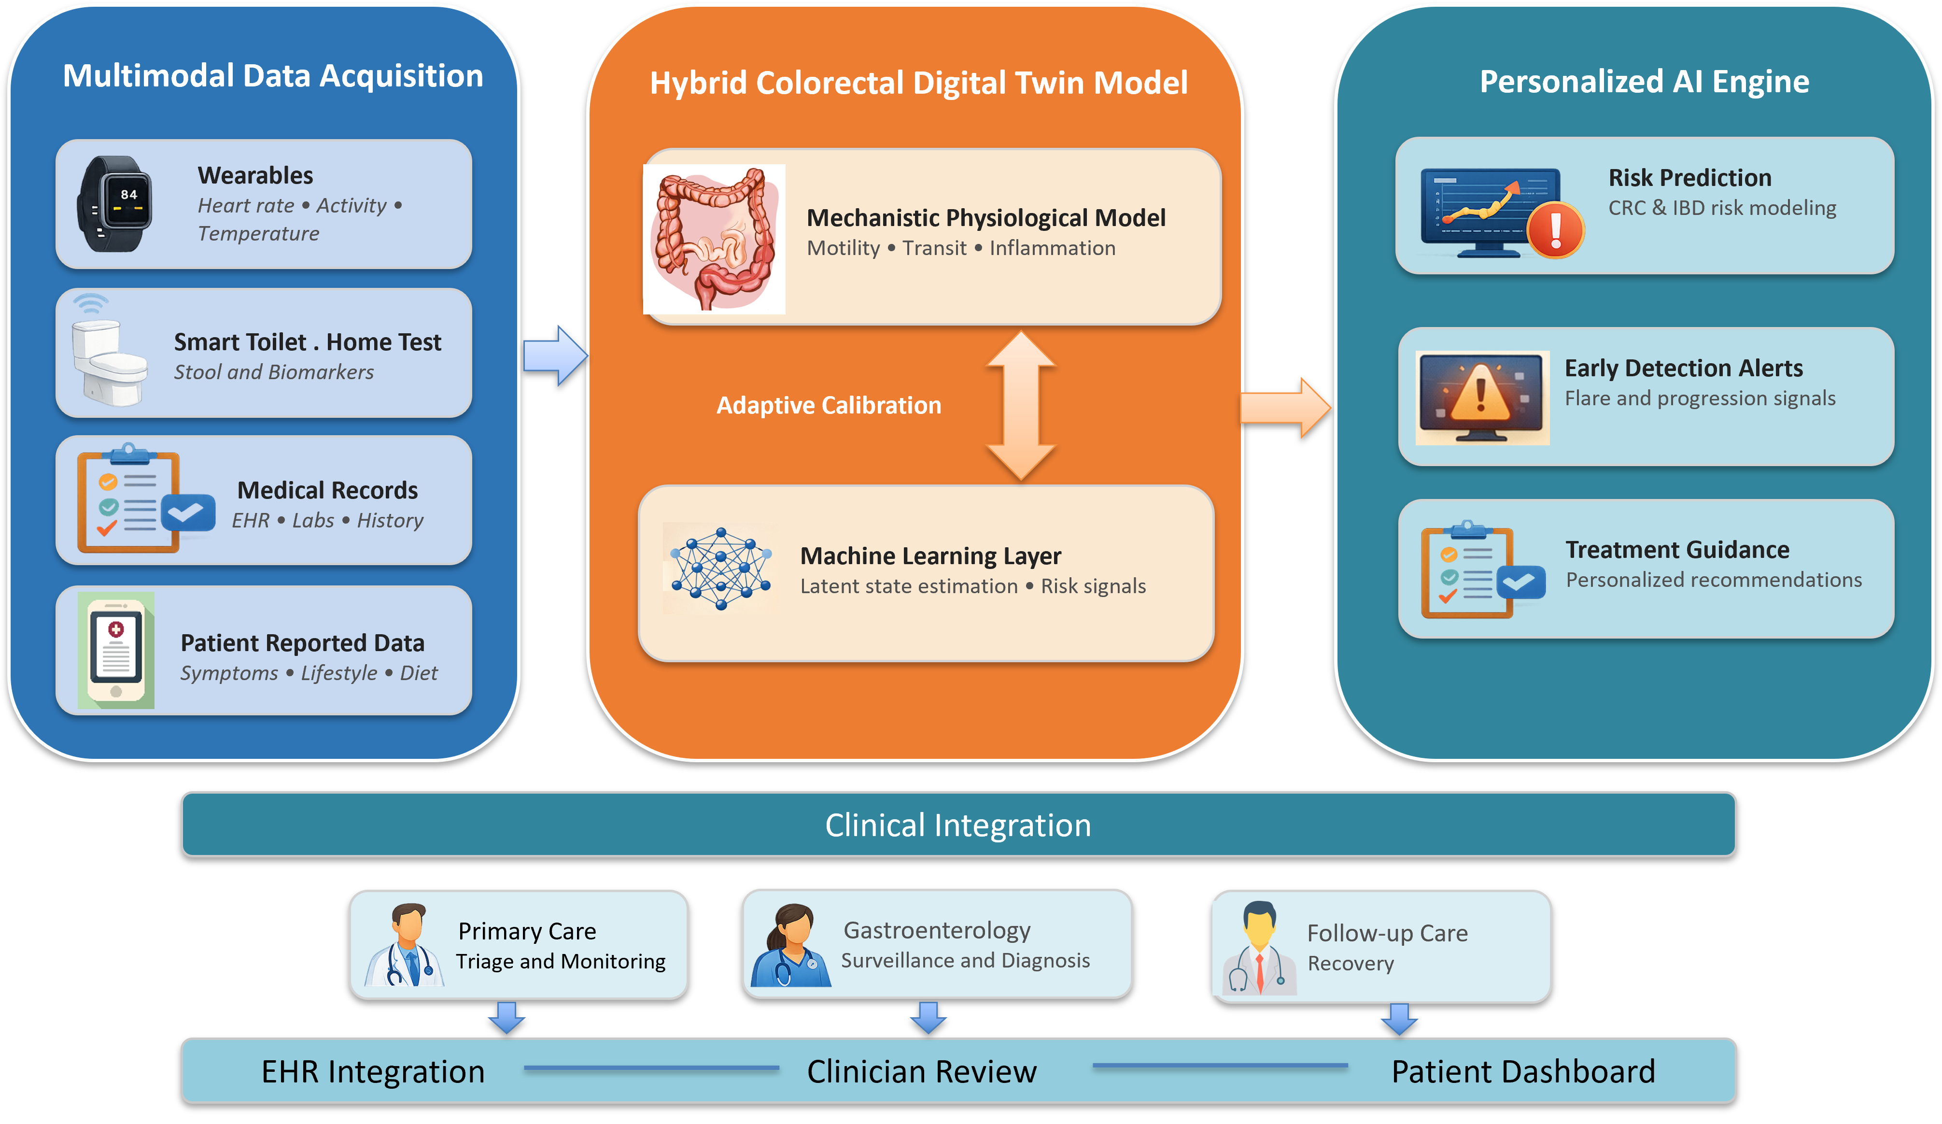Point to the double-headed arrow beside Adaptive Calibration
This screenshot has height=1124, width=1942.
click(x=1021, y=406)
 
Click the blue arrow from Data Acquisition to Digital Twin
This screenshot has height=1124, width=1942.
click(x=555, y=356)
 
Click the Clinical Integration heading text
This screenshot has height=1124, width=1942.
click(x=958, y=825)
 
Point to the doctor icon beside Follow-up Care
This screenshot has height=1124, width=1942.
click(x=1258, y=948)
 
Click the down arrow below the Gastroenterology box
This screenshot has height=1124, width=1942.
click(x=929, y=1018)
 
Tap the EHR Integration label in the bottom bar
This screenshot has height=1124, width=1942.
click(x=373, y=1071)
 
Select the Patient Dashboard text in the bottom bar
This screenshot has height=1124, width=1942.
click(x=1523, y=1071)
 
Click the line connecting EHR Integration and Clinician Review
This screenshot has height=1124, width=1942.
click(x=651, y=1067)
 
